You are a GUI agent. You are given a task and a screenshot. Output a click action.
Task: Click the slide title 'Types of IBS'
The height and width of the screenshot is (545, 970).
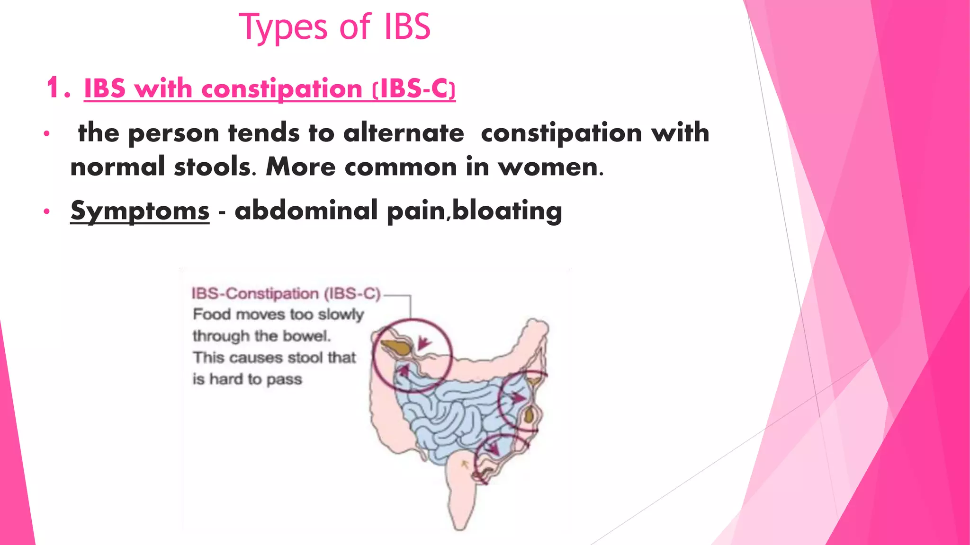(x=335, y=27)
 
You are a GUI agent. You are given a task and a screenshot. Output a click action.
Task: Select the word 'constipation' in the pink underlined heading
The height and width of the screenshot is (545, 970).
(x=282, y=88)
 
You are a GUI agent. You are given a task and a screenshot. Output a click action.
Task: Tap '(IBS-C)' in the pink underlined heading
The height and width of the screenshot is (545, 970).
(x=413, y=88)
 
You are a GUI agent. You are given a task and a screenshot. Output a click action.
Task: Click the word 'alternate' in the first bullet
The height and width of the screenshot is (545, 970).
(x=404, y=132)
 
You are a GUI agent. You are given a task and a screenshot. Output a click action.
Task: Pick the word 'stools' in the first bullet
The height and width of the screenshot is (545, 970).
(x=212, y=167)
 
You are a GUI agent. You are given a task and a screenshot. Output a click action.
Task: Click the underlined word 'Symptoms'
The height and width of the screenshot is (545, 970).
(x=140, y=210)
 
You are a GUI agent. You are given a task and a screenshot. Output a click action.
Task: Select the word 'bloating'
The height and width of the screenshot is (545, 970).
(x=507, y=210)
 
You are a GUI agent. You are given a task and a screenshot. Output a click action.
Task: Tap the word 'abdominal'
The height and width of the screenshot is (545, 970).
(x=306, y=210)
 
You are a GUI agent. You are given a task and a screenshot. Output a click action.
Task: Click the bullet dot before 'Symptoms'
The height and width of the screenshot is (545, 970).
(x=46, y=211)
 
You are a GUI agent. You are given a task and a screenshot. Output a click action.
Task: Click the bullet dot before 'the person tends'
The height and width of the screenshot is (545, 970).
(x=46, y=134)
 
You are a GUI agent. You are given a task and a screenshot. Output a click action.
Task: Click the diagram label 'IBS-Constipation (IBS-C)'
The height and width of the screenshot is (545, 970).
(x=286, y=293)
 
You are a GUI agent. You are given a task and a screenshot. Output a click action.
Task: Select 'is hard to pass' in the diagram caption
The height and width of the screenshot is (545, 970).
(x=247, y=379)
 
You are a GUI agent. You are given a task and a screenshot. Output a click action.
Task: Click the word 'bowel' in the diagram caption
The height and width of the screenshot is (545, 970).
(x=310, y=336)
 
